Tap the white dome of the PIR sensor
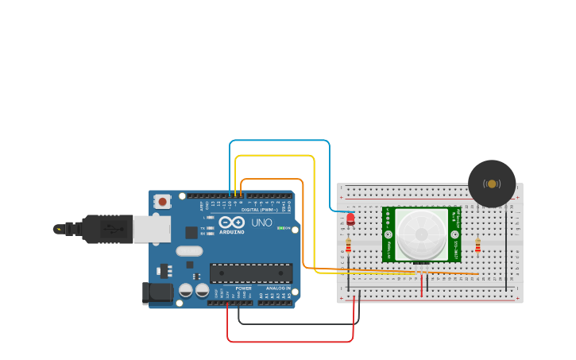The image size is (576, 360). (x=421, y=233)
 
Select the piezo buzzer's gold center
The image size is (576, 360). (x=492, y=184)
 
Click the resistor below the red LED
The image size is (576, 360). (x=348, y=246)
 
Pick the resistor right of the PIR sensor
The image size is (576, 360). (x=477, y=246)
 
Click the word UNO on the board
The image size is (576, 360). (x=261, y=223)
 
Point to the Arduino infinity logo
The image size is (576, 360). (x=232, y=223)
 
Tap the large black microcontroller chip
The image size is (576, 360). (x=250, y=273)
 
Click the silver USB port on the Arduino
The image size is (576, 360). (x=151, y=229)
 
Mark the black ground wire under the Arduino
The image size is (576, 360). (x=298, y=323)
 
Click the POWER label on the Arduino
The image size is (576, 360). (x=243, y=288)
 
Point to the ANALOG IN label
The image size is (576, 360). (x=277, y=288)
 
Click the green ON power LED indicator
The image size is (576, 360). (x=281, y=228)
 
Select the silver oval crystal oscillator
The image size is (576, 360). (x=189, y=251)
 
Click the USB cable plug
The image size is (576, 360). (x=107, y=229)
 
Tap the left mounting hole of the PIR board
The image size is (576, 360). (x=389, y=234)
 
